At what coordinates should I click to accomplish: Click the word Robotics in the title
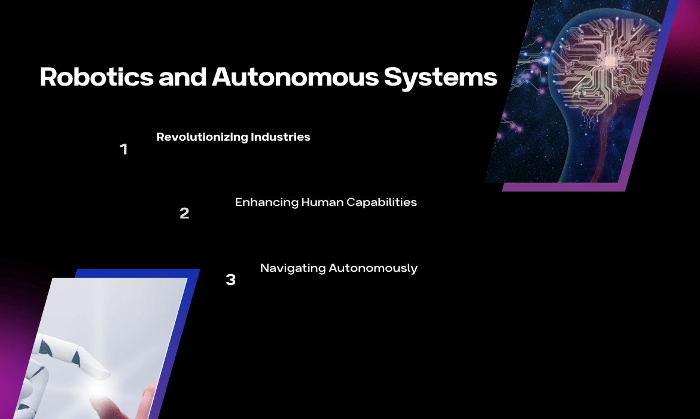[96, 77]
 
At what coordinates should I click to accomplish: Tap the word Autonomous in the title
[295, 77]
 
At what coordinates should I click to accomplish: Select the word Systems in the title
[440, 78]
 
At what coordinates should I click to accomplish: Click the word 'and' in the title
[182, 77]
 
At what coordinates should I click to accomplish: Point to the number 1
[124, 149]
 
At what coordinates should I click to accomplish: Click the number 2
[184, 214]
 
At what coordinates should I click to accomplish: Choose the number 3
[230, 280]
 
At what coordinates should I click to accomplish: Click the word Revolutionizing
[202, 137]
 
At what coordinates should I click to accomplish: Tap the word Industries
[281, 136]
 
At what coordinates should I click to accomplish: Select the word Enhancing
[266, 202]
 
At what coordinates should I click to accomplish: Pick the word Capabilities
[381, 202]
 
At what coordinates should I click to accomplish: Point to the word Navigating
[293, 269]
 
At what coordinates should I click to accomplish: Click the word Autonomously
[373, 269]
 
